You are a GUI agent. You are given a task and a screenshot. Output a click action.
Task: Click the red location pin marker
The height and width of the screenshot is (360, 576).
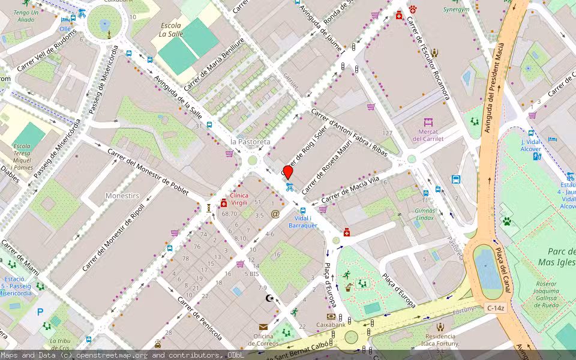288,172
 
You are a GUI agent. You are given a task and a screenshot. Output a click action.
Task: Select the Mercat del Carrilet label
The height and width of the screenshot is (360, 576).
428,135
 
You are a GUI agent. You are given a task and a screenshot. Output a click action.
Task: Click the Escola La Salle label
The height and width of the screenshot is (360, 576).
170,30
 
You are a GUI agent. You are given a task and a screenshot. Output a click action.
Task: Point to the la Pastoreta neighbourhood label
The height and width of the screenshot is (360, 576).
250,142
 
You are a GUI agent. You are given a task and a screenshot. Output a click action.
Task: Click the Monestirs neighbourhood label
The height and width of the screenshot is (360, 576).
122,196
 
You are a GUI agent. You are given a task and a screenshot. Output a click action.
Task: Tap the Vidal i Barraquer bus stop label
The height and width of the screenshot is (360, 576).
302,221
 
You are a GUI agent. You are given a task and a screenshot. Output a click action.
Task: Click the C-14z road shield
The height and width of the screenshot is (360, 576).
496,308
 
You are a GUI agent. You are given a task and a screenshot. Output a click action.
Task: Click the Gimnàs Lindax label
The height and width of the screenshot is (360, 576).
425,214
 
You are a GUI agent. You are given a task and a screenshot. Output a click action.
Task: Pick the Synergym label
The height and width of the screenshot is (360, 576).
456,10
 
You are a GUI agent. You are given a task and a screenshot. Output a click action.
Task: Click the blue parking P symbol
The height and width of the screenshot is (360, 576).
40,311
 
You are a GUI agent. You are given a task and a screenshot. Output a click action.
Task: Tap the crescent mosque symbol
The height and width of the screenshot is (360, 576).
269,298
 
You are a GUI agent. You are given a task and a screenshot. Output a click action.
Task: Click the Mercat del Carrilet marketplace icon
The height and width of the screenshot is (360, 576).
428,122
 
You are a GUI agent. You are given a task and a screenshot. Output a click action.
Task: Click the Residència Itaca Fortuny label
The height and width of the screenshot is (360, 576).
440,340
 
